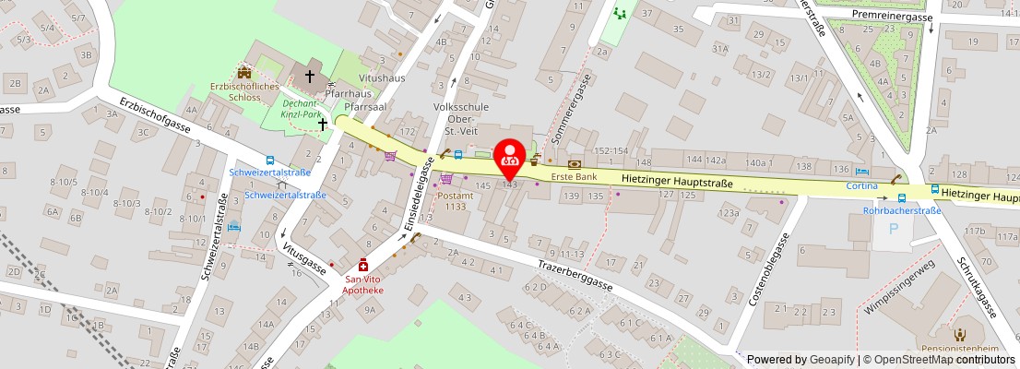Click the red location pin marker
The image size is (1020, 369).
pyautogui.click(x=510, y=157)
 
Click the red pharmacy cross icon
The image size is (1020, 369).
pyautogui.click(x=363, y=265)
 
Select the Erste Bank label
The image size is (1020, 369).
pyautogui.click(x=575, y=176)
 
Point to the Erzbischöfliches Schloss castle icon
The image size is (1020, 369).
pyautogui.click(x=244, y=72)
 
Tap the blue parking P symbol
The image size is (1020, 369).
pyautogui.click(x=891, y=229)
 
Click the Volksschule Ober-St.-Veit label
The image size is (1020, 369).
pyautogui.click(x=454, y=118)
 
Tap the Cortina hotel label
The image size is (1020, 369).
pyautogui.click(x=862, y=185)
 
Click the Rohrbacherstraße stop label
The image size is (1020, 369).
pyautogui.click(x=901, y=210)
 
